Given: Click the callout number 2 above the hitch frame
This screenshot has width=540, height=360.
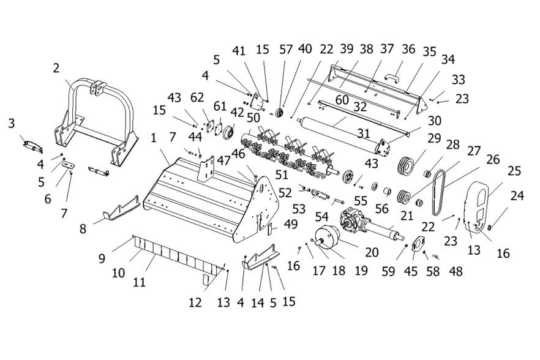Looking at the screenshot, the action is pyautogui.click(x=56, y=68).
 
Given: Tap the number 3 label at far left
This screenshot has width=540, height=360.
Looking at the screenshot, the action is pyautogui.click(x=12, y=123).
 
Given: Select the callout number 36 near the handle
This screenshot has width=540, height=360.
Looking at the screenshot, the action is pyautogui.click(x=408, y=49).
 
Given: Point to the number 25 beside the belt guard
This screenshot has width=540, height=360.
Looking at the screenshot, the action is pyautogui.click(x=514, y=171).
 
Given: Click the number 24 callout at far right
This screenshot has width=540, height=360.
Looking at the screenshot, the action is pyautogui.click(x=517, y=196).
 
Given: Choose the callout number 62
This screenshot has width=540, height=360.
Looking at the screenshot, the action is pyautogui.click(x=197, y=98).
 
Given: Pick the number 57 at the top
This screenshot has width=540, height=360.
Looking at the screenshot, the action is pyautogui.click(x=286, y=50).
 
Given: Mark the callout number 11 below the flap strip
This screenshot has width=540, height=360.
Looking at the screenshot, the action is pyautogui.click(x=139, y=282).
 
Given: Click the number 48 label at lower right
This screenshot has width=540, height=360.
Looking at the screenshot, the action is pyautogui.click(x=456, y=271).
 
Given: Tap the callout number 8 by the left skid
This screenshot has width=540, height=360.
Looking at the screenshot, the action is pyautogui.click(x=83, y=228).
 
